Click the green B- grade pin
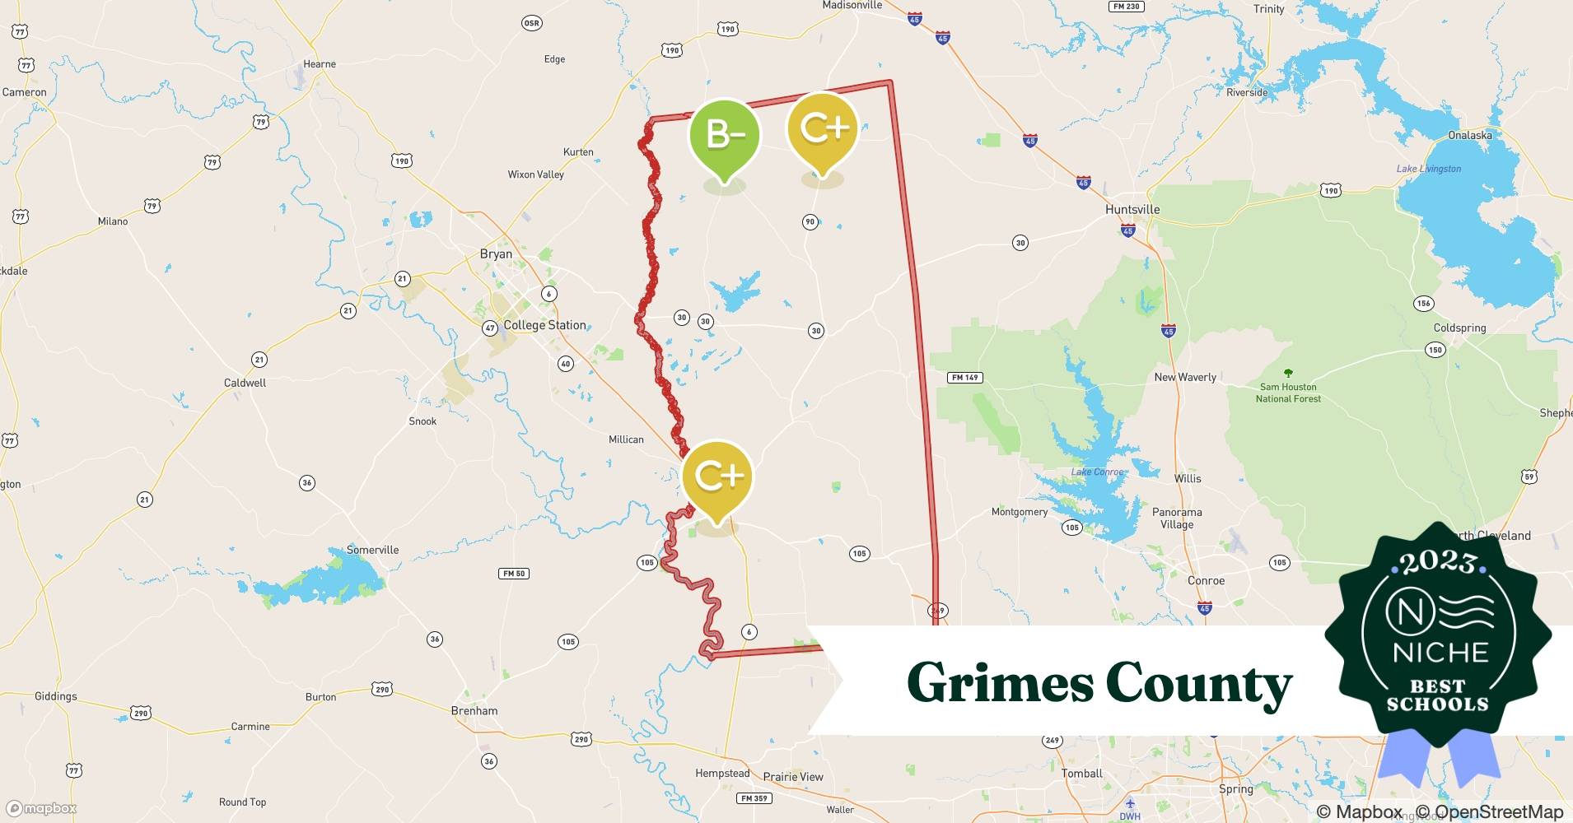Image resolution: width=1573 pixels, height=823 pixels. (x=724, y=134)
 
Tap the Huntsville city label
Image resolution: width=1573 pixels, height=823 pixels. (x=1132, y=209)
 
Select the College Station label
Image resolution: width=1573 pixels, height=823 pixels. (x=544, y=325)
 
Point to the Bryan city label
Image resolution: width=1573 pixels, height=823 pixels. (x=496, y=254)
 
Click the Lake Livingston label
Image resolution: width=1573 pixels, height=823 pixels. (x=1428, y=169)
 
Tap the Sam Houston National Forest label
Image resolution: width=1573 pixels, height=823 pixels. (x=1288, y=393)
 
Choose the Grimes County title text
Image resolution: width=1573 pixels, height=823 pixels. (x=1099, y=683)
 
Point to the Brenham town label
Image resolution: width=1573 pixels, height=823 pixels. (x=474, y=710)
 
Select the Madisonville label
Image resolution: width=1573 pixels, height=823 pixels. (x=852, y=5)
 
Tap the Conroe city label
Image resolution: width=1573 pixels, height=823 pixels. (x=1206, y=580)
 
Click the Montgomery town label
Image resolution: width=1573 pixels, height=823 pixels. (x=1020, y=512)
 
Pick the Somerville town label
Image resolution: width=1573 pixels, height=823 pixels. (x=372, y=550)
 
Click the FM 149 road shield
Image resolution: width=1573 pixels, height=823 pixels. (x=964, y=378)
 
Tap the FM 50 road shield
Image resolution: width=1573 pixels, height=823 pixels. (x=513, y=574)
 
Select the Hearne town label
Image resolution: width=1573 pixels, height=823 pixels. (x=320, y=64)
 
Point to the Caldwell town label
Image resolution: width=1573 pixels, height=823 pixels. (x=245, y=383)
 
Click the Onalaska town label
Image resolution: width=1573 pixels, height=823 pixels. (x=1469, y=135)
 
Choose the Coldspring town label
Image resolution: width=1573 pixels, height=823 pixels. (x=1459, y=328)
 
